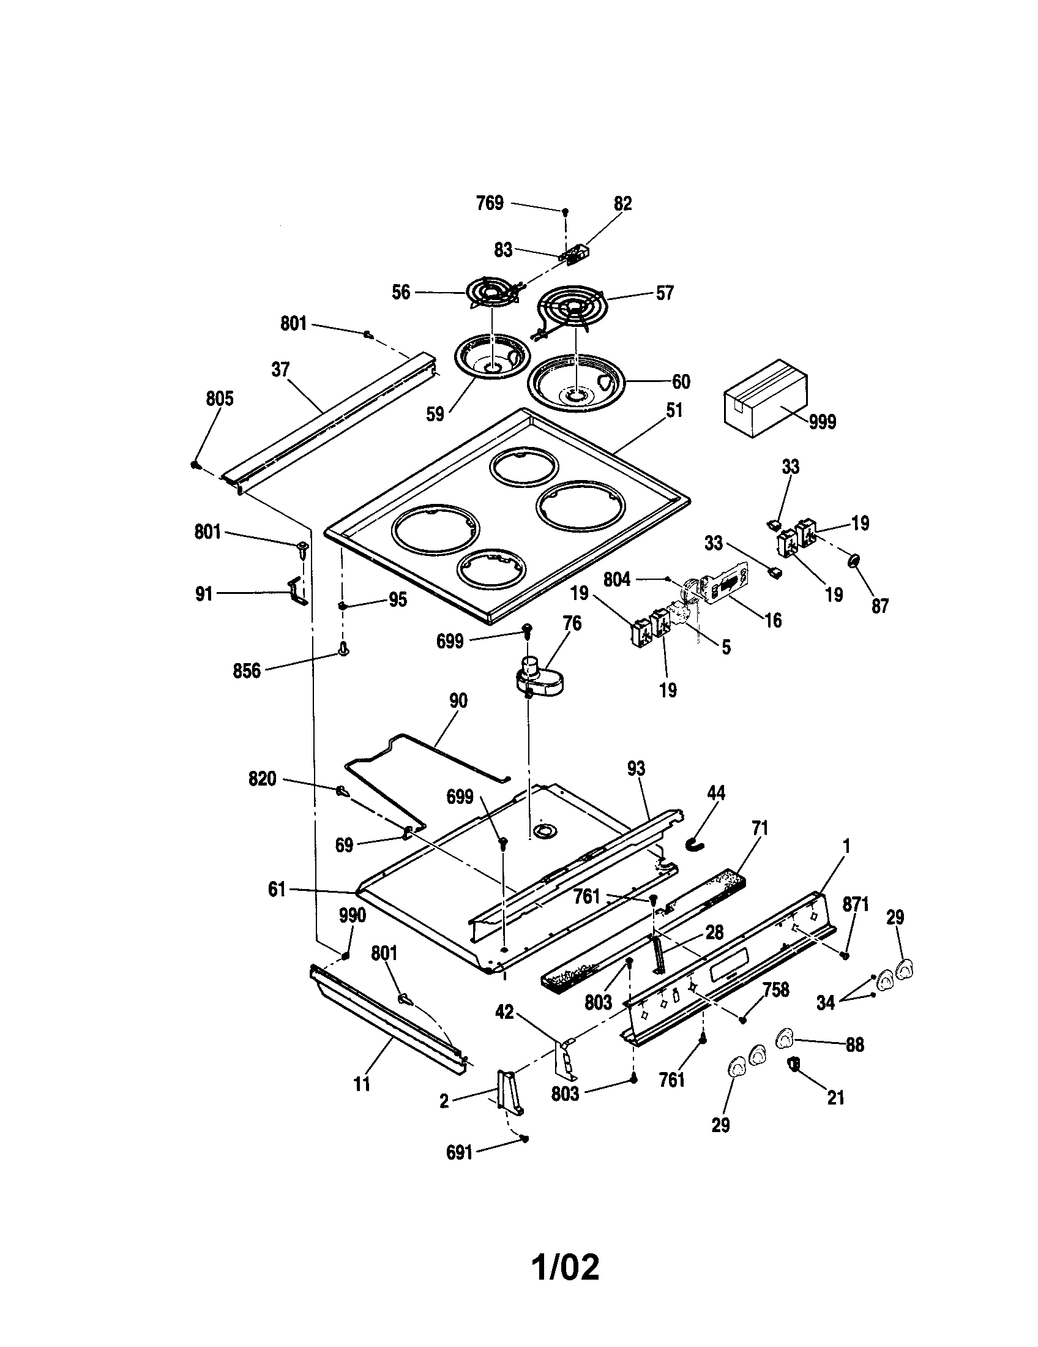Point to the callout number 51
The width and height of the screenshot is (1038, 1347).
click(x=674, y=411)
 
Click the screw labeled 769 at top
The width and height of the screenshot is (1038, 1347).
click(x=565, y=212)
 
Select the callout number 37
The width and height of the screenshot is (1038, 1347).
click(x=280, y=369)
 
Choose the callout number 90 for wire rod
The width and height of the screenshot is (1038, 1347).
click(x=458, y=701)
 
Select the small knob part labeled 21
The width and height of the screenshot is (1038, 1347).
click(x=794, y=1063)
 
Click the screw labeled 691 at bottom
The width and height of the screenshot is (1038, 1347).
click(x=525, y=1139)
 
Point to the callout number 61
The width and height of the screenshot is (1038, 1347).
click(x=277, y=890)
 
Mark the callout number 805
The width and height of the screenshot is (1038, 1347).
click(x=220, y=399)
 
